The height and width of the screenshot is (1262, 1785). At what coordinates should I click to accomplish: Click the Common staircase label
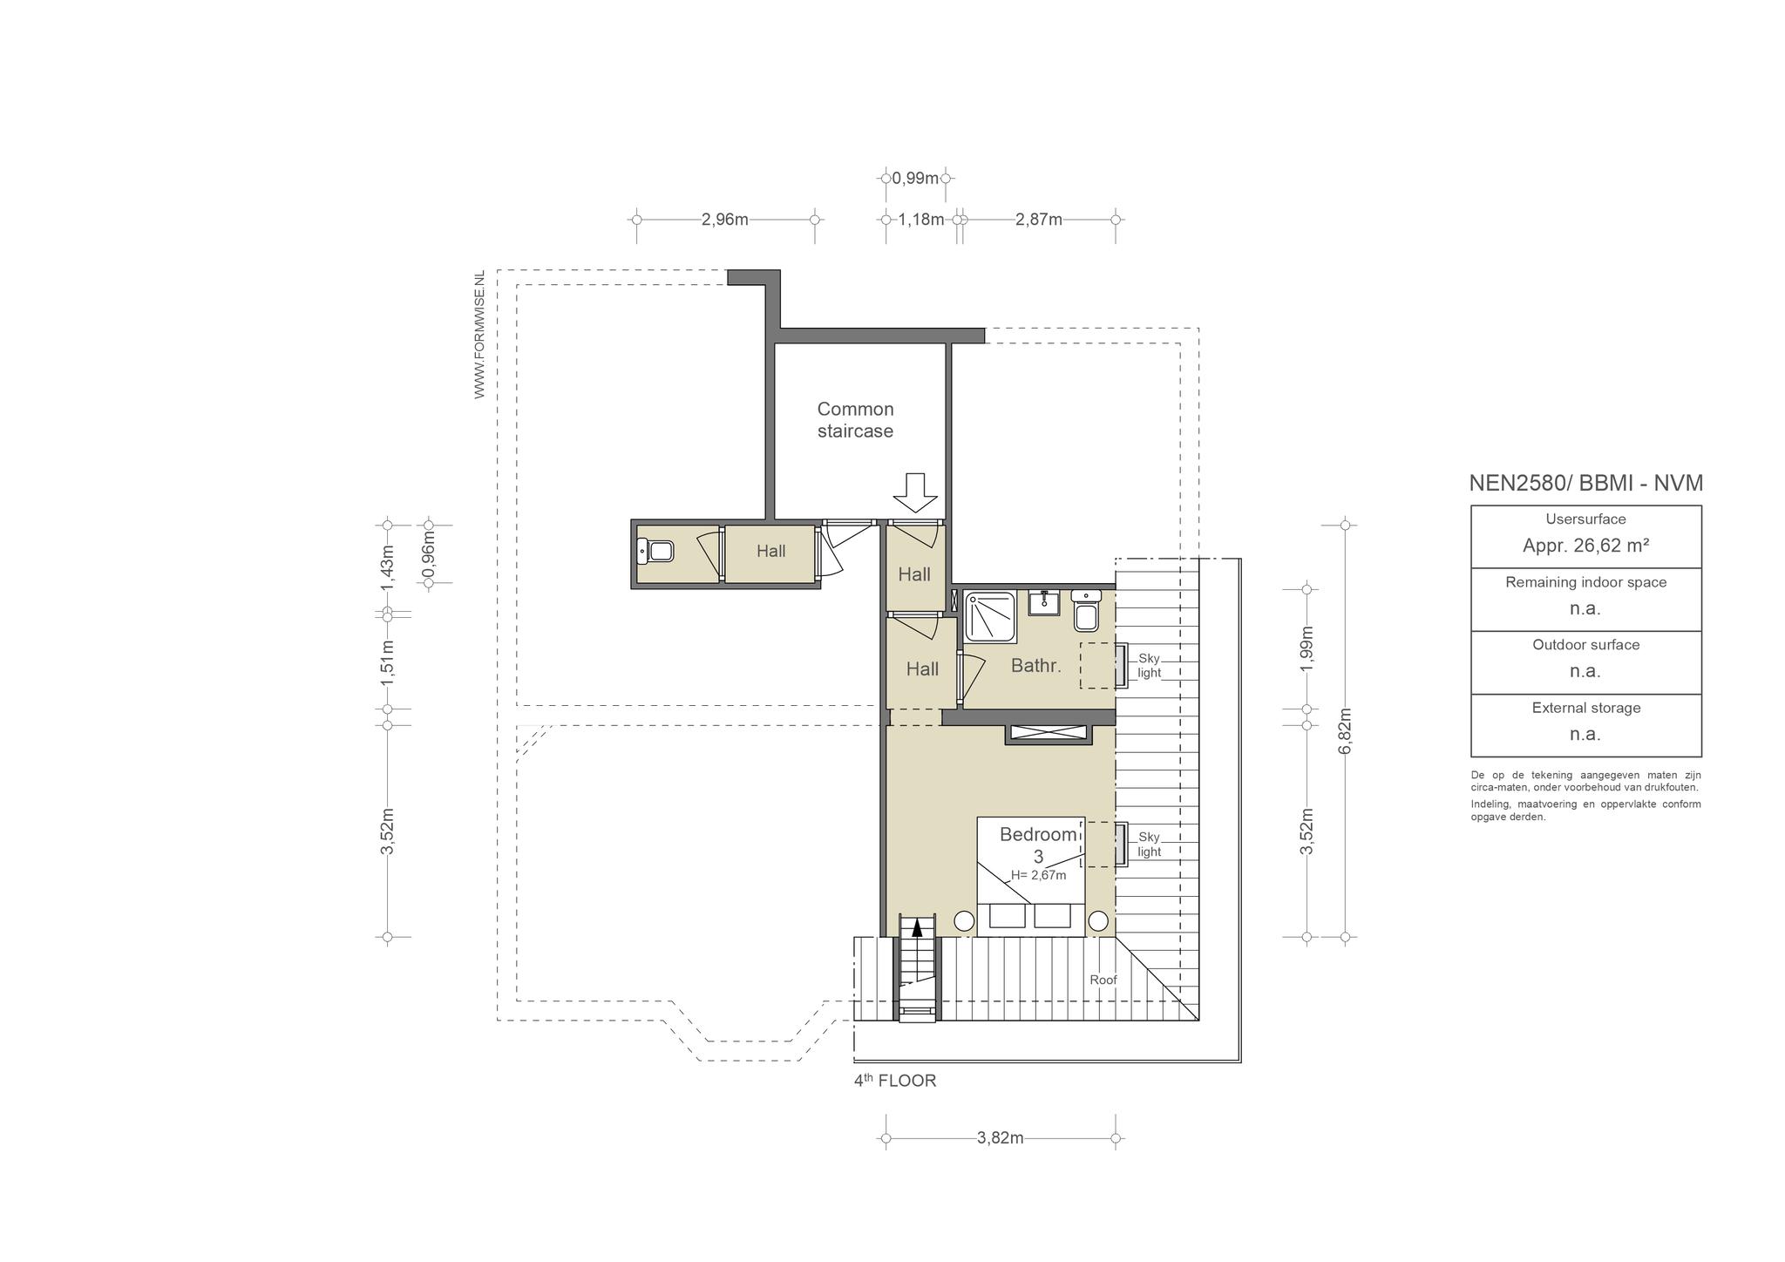pos(855,420)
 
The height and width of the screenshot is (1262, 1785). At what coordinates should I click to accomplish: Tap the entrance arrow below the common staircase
pos(914,493)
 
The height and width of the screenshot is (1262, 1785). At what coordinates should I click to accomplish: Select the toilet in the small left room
pos(655,551)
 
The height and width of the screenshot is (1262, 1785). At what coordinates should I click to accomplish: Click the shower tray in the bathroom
pos(990,617)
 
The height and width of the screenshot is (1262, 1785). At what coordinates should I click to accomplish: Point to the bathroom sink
pos(1042,602)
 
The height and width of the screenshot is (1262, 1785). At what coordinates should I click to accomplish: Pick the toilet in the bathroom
pos(1086,611)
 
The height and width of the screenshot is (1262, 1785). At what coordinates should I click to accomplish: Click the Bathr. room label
pos(1036,666)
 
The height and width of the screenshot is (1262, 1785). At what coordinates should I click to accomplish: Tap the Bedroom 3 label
pos(1038,845)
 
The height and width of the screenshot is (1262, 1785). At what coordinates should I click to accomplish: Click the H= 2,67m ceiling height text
pos(1038,875)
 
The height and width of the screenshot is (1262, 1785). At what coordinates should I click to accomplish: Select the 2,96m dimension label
pos(725,220)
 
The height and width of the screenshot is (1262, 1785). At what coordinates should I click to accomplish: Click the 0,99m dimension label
pos(915,179)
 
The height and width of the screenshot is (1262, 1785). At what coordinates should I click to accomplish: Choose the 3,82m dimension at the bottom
pos(1001,1137)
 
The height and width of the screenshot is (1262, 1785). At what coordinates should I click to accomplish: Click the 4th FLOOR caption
pos(895,1081)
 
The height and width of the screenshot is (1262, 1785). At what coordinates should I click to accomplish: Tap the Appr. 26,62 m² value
pos(1585,546)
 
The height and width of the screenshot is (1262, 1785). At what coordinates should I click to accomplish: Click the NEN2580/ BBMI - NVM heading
pos(1586,483)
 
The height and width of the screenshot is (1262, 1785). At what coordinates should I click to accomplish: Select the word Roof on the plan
pos(1103,980)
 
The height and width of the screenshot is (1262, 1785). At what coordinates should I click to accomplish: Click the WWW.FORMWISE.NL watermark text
pos(479,335)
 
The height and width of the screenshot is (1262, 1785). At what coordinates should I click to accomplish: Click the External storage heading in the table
pos(1586,708)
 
